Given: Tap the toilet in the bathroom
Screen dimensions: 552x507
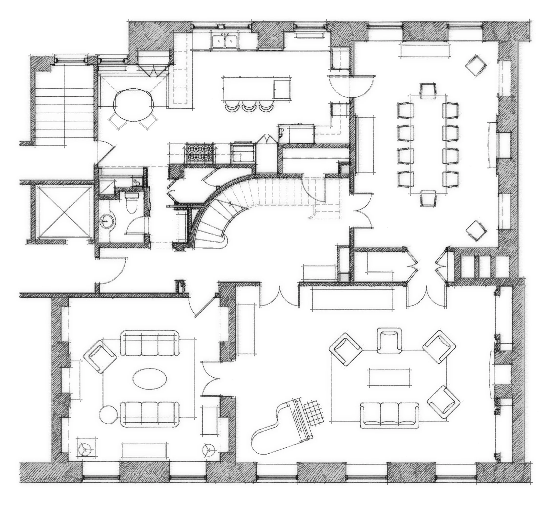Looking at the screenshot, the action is (131, 202).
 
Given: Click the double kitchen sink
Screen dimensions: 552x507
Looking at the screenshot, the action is (225, 41).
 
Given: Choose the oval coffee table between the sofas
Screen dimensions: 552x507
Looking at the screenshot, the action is (150, 378).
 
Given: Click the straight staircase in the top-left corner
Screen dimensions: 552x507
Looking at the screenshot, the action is (65, 104).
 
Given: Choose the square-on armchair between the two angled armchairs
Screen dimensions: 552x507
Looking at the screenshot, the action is (389, 340).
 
